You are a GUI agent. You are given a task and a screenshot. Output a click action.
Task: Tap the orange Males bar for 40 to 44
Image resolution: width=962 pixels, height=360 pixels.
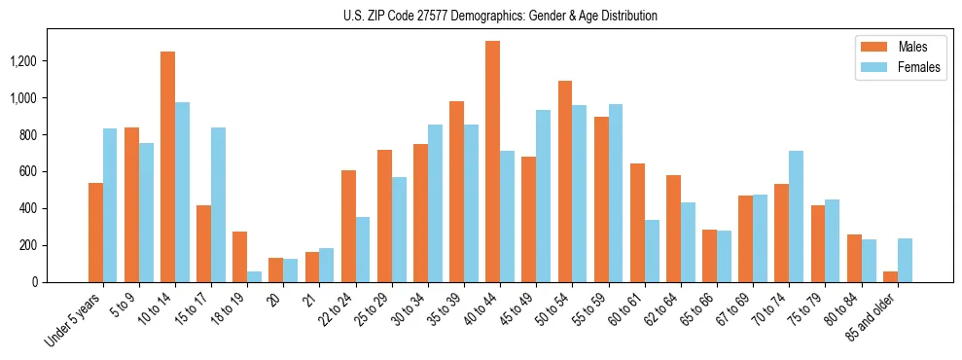[x=493, y=162]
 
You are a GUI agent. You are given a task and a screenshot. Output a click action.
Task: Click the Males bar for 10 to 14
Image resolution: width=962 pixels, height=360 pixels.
[x=167, y=166]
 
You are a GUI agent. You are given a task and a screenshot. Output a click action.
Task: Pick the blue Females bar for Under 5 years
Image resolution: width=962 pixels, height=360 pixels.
[x=110, y=205]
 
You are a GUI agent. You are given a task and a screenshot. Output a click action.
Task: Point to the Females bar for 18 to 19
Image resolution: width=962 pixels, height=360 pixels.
[x=254, y=276]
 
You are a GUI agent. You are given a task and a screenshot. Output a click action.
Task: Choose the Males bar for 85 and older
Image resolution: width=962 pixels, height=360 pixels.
[x=890, y=276]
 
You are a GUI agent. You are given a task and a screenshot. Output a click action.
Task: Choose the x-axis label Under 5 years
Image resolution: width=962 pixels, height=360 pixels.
[x=74, y=320]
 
